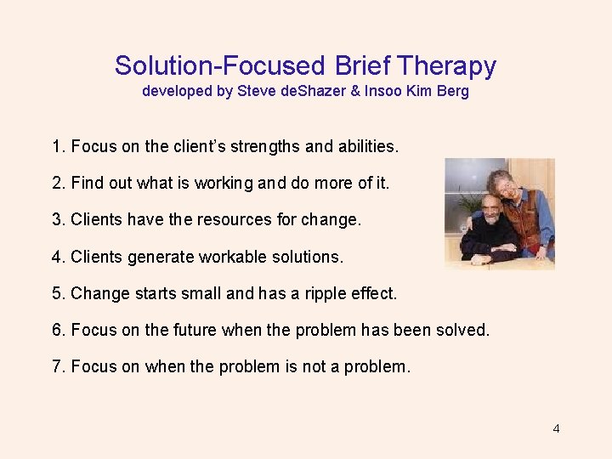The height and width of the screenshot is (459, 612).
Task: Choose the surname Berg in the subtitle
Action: point(452,91)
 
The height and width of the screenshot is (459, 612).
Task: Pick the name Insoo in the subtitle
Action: point(382,91)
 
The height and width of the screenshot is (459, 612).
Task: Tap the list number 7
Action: point(57,366)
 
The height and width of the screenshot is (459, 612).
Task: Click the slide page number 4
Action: point(556,428)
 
